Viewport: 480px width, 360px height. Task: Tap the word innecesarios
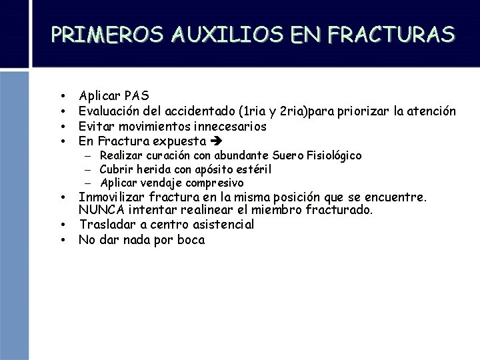coord(230,126)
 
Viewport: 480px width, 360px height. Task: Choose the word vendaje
coord(159,183)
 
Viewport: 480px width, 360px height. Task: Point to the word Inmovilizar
coord(111,197)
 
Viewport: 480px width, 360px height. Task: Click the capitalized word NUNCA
coord(100,211)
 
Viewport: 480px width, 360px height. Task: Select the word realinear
coord(207,211)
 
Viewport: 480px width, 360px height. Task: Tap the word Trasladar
coord(107,225)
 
